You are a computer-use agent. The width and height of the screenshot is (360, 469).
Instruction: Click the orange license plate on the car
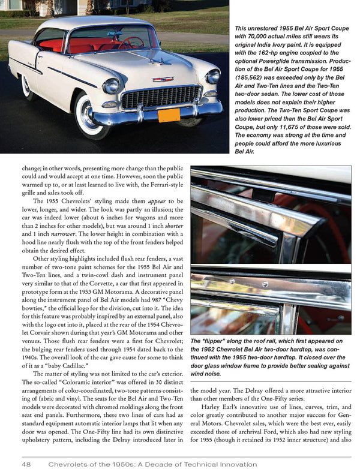point(169,115)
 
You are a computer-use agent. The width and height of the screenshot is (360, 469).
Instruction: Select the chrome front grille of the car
point(161,97)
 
